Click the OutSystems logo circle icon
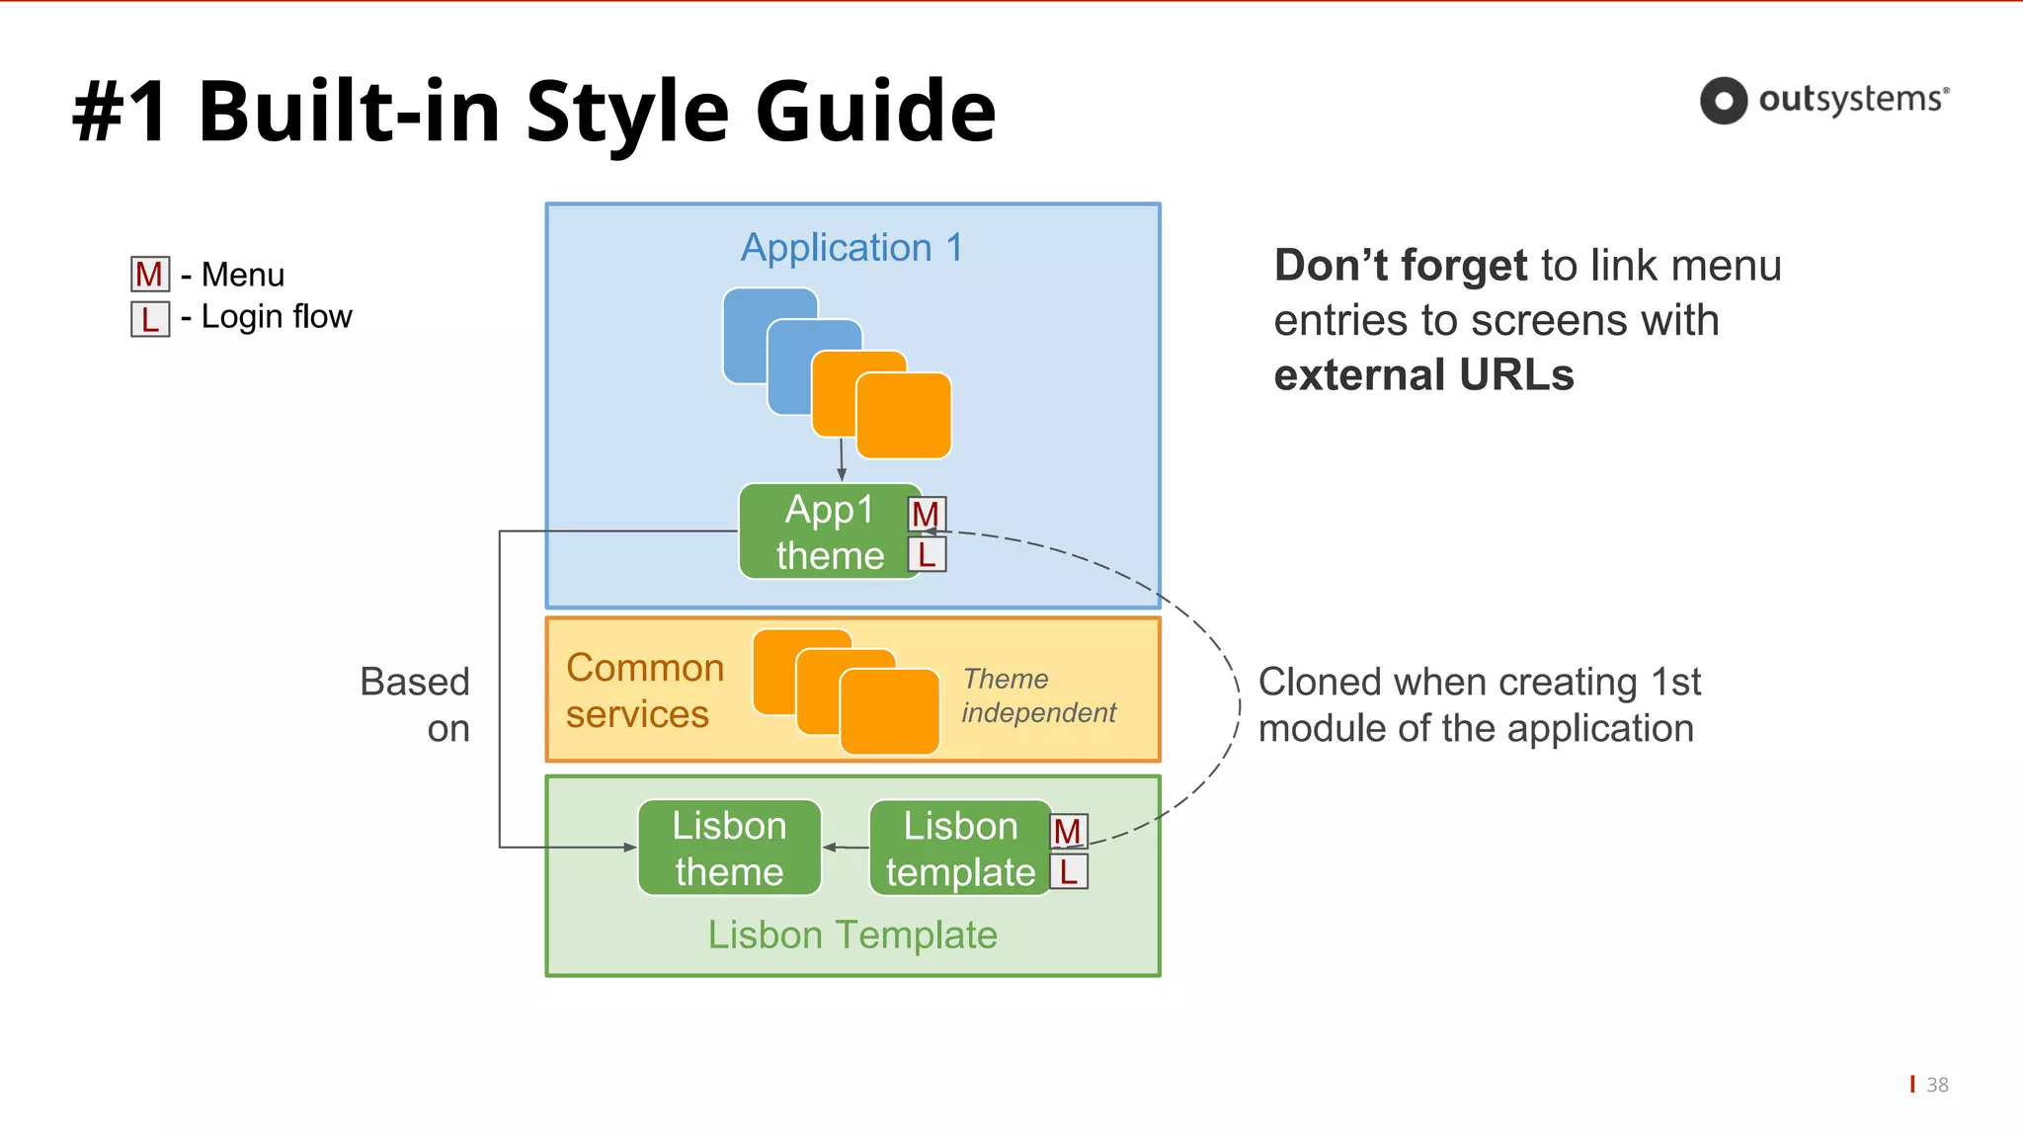pyautogui.click(x=1724, y=101)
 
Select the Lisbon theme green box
pyautogui.click(x=729, y=849)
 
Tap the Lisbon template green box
pyautogui.click(x=959, y=849)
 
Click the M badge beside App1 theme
pyautogui.click(x=927, y=514)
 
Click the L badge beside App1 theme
pyautogui.click(x=927, y=554)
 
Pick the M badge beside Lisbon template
pyautogui.click(x=1068, y=832)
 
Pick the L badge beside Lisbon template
pyautogui.click(x=1068, y=872)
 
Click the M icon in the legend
pyautogui.click(x=150, y=275)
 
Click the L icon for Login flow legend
pyautogui.click(x=150, y=319)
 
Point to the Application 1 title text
pyautogui.click(x=851, y=247)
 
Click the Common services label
pyautogui.click(x=644, y=691)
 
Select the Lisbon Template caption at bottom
pyautogui.click(x=852, y=935)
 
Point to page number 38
pyautogui.click(x=1937, y=1085)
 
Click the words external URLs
pyautogui.click(x=1423, y=376)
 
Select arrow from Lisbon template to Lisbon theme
pyautogui.click(x=846, y=848)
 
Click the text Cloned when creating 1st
pyautogui.click(x=1479, y=682)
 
